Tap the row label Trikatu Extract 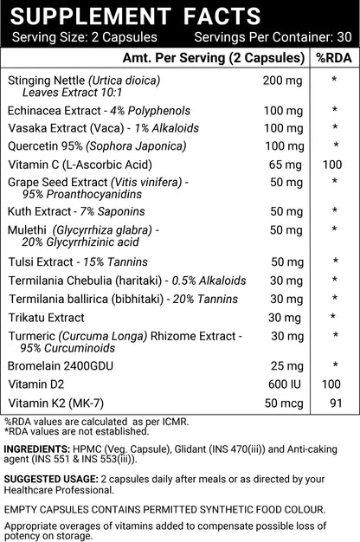coord(46,318)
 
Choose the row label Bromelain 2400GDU coord(61,366)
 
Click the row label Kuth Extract coord(38,210)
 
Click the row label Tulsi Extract coord(40,261)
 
